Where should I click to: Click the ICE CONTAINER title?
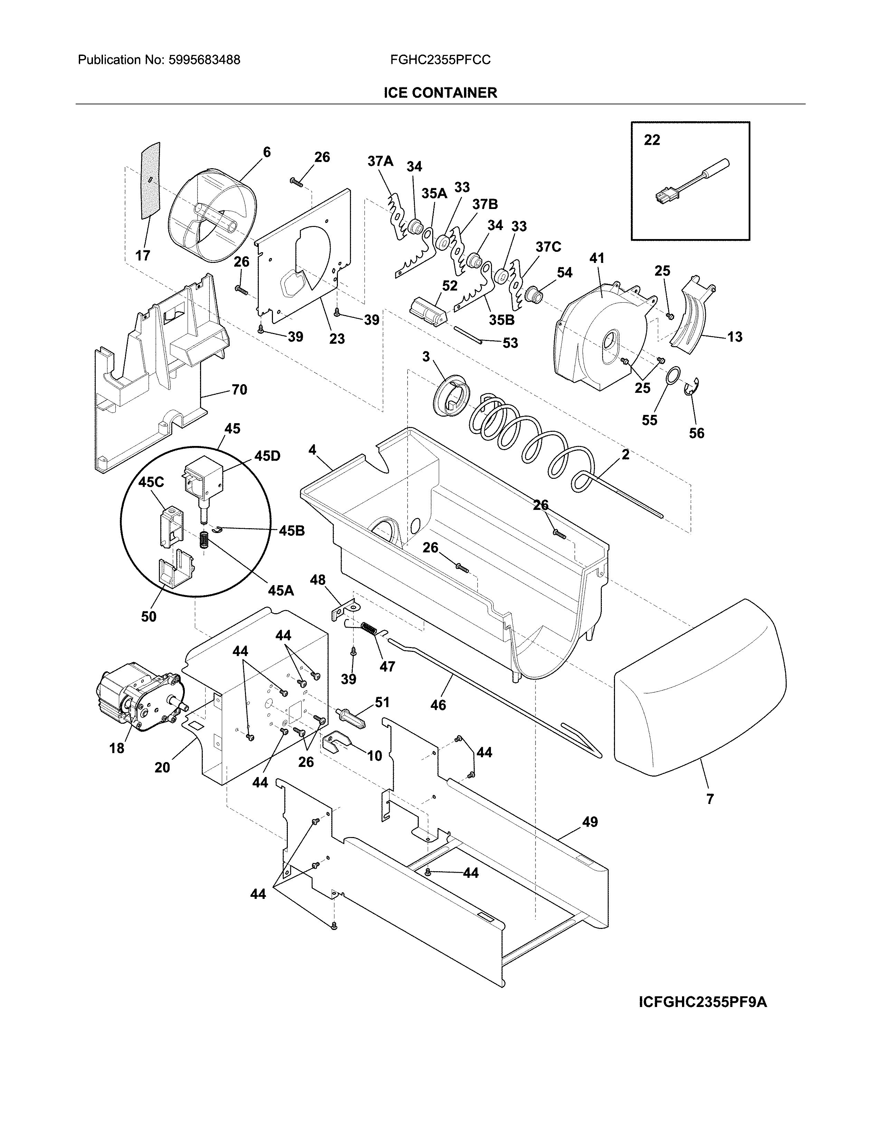[440, 93]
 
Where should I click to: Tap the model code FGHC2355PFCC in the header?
[440, 60]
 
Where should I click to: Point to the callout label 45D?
[267, 456]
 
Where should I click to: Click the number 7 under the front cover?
[710, 799]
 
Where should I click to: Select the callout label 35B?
[502, 320]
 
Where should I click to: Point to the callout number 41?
[597, 258]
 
